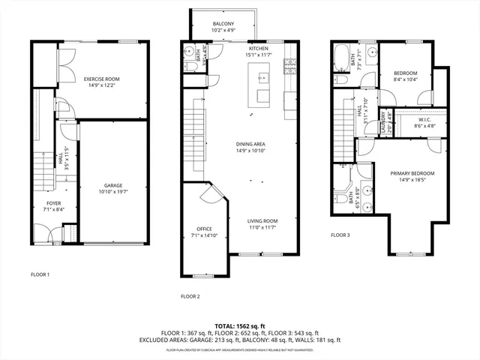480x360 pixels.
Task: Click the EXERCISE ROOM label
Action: click(x=101, y=79)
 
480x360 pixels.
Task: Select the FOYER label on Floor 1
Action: click(x=53, y=203)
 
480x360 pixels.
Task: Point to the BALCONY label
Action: click(x=223, y=24)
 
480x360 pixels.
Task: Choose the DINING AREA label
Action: click(x=250, y=144)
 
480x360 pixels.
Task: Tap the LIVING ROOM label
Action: click(x=262, y=220)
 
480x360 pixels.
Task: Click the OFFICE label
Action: click(x=204, y=229)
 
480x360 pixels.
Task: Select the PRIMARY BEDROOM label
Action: click(x=412, y=173)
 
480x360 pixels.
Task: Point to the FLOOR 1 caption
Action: click(x=40, y=274)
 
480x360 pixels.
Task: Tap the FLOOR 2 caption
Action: click(x=190, y=296)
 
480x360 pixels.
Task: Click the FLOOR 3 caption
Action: click(x=340, y=235)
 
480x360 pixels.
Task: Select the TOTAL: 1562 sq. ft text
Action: click(x=240, y=325)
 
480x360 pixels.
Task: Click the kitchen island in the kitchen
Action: click(x=262, y=86)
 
